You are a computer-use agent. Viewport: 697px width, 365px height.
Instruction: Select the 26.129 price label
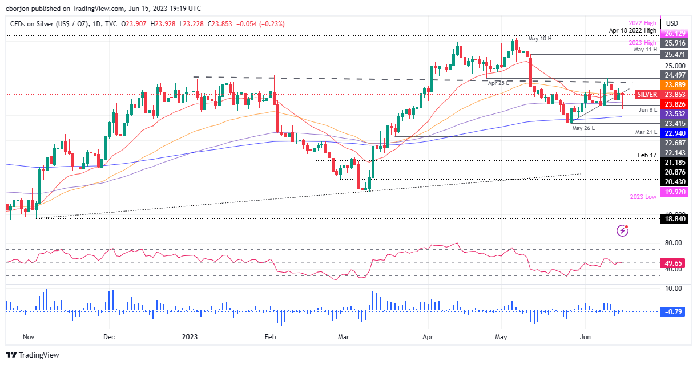675,34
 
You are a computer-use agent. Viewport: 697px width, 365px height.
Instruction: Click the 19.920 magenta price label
675,192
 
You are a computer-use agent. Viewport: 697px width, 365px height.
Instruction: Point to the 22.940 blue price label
675,132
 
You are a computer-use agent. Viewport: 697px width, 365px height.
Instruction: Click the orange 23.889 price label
675,84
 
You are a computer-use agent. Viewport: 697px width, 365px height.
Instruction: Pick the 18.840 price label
675,218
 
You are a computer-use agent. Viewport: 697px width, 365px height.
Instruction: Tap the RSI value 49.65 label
675,262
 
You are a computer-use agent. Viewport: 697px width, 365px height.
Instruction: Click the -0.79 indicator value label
675,311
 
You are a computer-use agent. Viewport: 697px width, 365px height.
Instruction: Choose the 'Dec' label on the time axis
109,337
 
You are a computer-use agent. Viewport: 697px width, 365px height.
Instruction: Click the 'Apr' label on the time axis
428,337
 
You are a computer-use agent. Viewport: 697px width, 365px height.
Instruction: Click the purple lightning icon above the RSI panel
623,230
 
